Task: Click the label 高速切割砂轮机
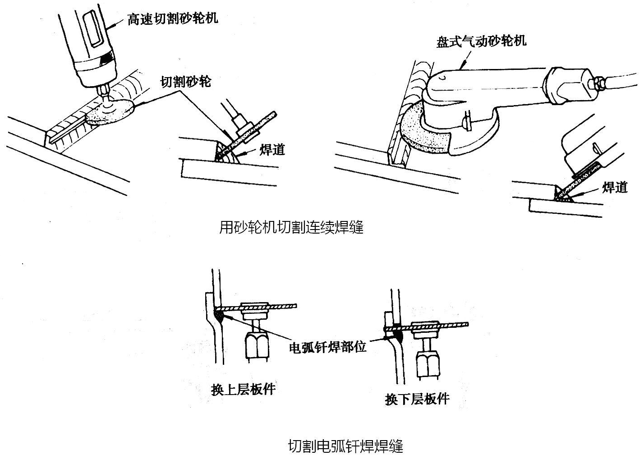[x=173, y=18]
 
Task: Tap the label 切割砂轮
[x=186, y=82]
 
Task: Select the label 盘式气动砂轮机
[x=481, y=41]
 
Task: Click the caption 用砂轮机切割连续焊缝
[x=291, y=227]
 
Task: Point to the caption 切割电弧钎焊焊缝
[x=345, y=446]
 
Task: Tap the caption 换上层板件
[x=243, y=389]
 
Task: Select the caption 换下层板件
[x=417, y=399]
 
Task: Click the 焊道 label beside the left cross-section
[x=272, y=150]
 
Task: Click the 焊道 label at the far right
[x=615, y=187]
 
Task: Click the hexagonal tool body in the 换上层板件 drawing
[x=256, y=345]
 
